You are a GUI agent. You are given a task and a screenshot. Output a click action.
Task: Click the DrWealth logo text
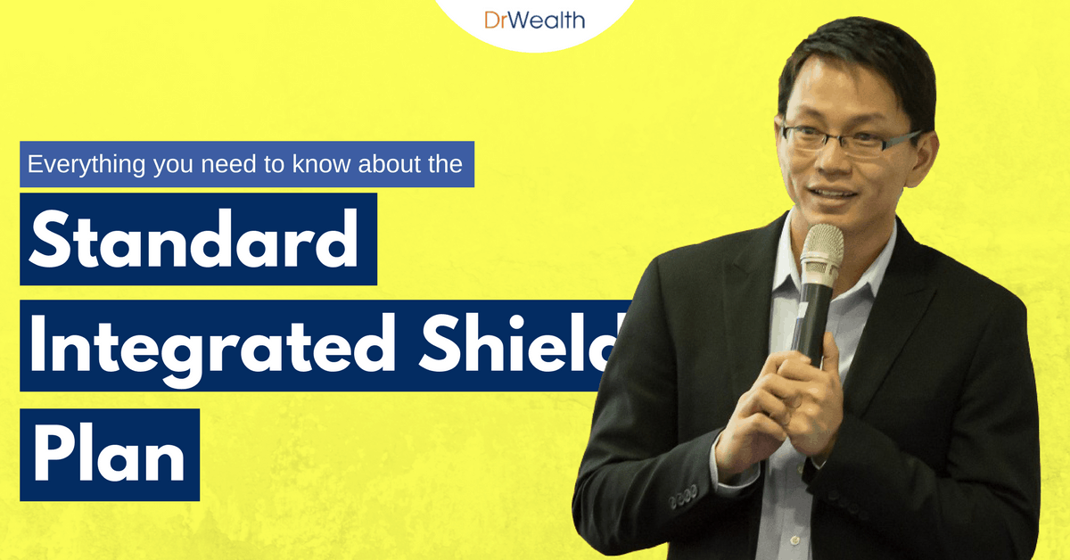click(535, 19)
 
